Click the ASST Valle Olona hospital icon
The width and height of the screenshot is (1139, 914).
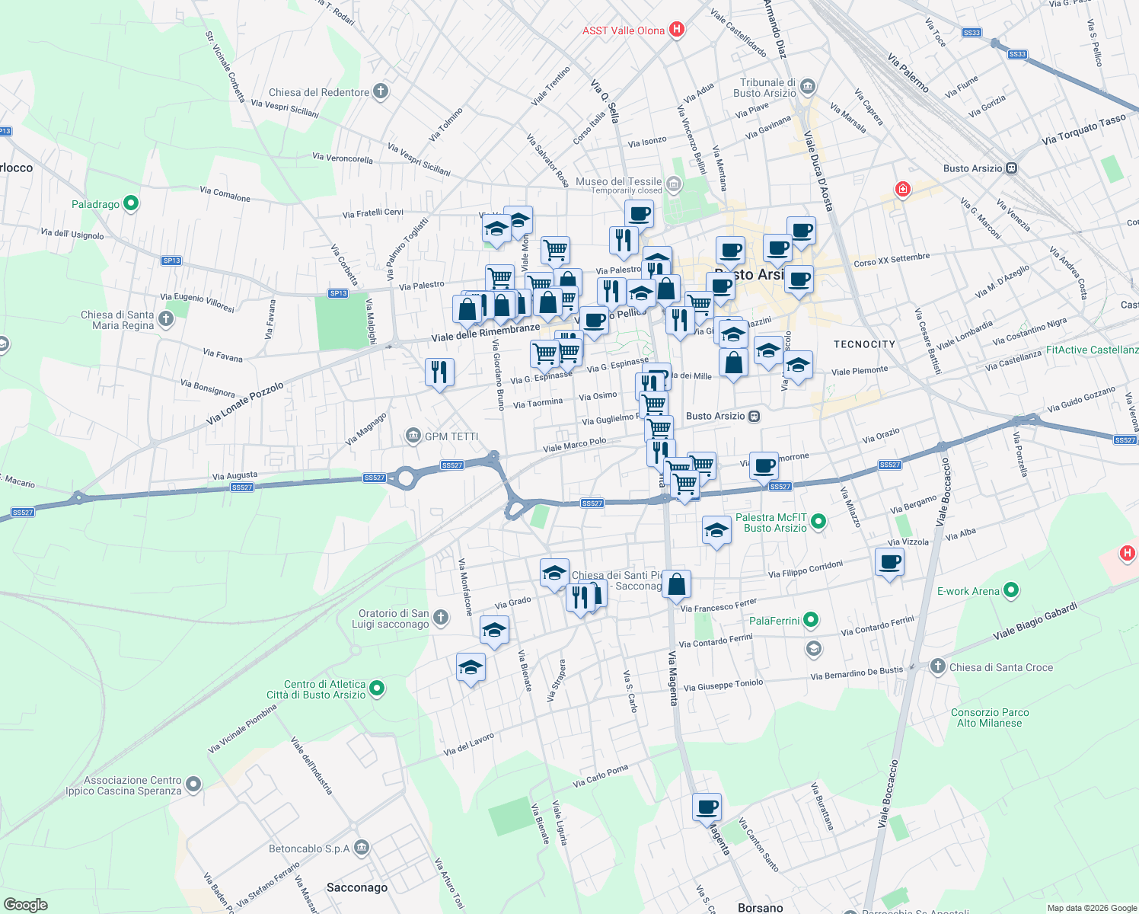coord(676,30)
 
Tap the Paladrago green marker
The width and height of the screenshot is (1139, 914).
coord(130,203)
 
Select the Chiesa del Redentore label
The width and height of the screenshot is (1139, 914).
coord(319,92)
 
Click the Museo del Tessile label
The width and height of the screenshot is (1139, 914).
coord(618,181)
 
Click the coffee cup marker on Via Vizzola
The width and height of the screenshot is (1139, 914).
coord(889,564)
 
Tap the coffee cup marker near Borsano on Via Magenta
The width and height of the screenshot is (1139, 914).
coord(706,807)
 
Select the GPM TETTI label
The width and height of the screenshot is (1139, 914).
coord(451,436)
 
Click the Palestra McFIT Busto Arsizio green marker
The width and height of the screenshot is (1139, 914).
coord(818,522)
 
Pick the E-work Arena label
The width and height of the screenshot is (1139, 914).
coord(968,591)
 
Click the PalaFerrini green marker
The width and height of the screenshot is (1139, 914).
coord(811,621)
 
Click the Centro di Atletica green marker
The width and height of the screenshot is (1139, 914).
coord(376,689)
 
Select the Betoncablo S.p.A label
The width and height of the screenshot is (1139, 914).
coord(309,848)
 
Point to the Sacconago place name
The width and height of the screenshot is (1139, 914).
coord(357,887)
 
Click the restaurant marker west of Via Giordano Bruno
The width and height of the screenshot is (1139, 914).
coord(439,372)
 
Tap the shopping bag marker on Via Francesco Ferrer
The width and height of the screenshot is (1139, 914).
coord(676,585)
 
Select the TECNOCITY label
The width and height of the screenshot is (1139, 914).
coord(864,344)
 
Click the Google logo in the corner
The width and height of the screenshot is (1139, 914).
coord(25,904)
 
